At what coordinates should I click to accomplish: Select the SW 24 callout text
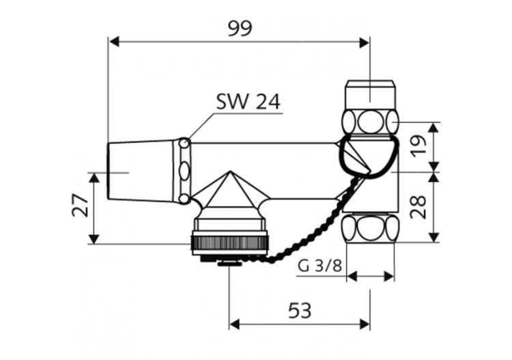248,102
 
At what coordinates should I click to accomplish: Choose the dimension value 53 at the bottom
299,311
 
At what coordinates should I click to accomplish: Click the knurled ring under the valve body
230,243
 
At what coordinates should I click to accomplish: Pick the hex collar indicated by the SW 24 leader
184,171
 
